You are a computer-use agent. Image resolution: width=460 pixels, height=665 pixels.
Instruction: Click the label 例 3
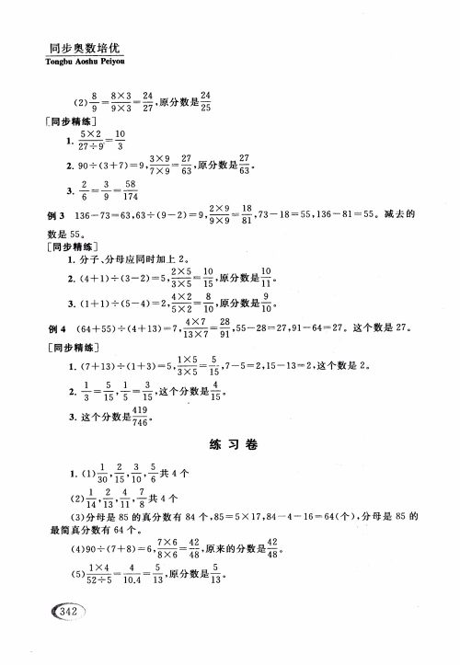click(55, 214)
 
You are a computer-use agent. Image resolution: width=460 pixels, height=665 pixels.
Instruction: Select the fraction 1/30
click(104, 476)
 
